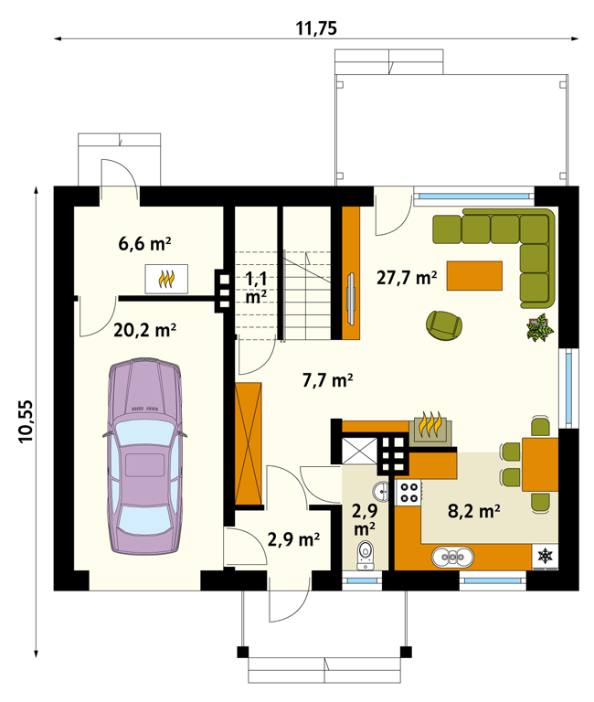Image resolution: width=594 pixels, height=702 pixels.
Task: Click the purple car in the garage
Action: (x=144, y=456)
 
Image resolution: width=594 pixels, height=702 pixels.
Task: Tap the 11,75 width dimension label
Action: (x=316, y=28)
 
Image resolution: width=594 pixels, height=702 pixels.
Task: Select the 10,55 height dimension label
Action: (x=26, y=420)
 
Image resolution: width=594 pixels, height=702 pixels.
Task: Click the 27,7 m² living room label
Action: (x=407, y=278)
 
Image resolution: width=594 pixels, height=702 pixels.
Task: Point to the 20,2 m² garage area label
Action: (x=144, y=330)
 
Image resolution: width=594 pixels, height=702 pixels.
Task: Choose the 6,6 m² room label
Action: (x=144, y=244)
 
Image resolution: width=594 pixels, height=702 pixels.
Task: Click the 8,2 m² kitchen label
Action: (x=474, y=511)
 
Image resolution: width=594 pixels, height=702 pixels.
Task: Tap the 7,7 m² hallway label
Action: (x=328, y=380)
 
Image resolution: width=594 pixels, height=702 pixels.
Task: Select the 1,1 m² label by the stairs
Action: (x=256, y=287)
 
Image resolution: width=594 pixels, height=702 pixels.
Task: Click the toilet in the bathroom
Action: (x=366, y=555)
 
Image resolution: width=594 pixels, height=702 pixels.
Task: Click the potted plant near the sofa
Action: (x=540, y=327)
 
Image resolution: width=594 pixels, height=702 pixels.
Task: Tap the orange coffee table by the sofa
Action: (x=474, y=276)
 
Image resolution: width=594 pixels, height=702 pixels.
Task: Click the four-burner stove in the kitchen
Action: (x=408, y=493)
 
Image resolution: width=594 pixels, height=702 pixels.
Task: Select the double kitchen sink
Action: (x=452, y=557)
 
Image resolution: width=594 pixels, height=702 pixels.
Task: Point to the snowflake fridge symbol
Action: (x=546, y=557)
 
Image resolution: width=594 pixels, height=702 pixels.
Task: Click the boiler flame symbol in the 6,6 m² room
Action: (x=166, y=279)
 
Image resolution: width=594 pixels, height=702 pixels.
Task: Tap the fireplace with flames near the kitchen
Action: (x=430, y=429)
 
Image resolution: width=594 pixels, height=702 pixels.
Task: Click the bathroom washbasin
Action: (x=382, y=491)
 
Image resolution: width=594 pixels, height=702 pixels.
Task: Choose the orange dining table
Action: (x=540, y=464)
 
